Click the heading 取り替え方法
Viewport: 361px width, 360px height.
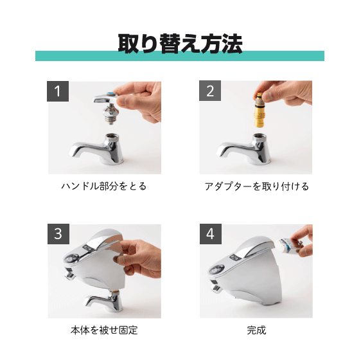180,43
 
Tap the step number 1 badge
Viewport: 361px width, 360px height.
58,91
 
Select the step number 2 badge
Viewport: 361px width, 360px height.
210,91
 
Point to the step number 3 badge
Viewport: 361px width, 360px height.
58,234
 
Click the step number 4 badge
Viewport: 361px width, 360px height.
211,234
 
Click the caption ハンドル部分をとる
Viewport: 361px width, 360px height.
104,186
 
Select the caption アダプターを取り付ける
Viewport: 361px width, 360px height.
257,186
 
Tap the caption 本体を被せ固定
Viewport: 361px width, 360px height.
104,330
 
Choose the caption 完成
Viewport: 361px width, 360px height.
256,330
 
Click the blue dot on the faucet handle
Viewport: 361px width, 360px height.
111,94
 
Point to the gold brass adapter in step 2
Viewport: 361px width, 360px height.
260,110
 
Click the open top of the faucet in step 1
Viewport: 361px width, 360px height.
112,136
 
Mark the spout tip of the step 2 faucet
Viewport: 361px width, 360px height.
220,153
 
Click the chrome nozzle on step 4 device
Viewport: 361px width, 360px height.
216,287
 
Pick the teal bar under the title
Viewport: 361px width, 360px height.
180,56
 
